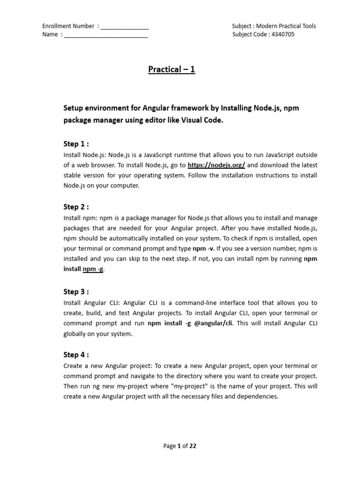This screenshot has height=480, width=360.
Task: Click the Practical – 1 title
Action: click(x=172, y=70)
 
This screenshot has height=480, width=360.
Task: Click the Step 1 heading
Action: click(x=76, y=144)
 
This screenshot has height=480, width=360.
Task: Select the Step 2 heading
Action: click(x=76, y=207)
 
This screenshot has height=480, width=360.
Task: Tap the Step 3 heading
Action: click(x=76, y=292)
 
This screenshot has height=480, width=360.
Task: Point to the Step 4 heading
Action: click(x=76, y=355)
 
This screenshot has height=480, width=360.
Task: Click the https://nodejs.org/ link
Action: click(x=217, y=165)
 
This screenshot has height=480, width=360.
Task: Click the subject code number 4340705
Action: click(x=283, y=35)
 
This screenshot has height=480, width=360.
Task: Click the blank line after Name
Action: click(x=106, y=35)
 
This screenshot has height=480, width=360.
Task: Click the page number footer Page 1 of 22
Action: click(x=180, y=446)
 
